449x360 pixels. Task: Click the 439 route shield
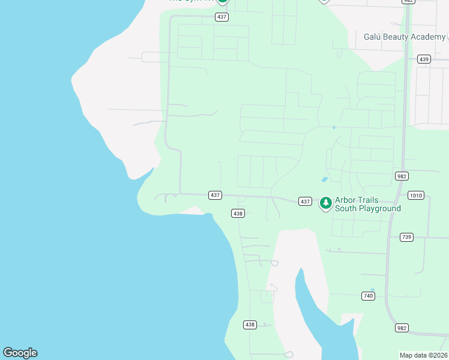click(x=424, y=59)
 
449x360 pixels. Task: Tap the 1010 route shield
click(x=415, y=195)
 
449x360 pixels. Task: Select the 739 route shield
click(x=406, y=237)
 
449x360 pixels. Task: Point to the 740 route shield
click(x=369, y=296)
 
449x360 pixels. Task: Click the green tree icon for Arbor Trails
click(x=326, y=203)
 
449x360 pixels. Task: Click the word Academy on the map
click(x=429, y=37)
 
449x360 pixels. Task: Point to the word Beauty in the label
click(x=399, y=37)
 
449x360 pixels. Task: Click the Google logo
click(x=20, y=353)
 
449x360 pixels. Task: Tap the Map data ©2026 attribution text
click(x=423, y=355)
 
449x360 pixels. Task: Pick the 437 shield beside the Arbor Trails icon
click(x=305, y=202)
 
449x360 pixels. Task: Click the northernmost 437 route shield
click(x=222, y=17)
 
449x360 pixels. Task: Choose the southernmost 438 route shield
click(x=250, y=325)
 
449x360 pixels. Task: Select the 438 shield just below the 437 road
click(x=238, y=213)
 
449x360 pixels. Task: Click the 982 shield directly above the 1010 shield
click(x=402, y=176)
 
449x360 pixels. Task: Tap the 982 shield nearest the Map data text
click(x=402, y=328)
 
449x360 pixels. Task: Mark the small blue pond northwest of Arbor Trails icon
click(x=325, y=179)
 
